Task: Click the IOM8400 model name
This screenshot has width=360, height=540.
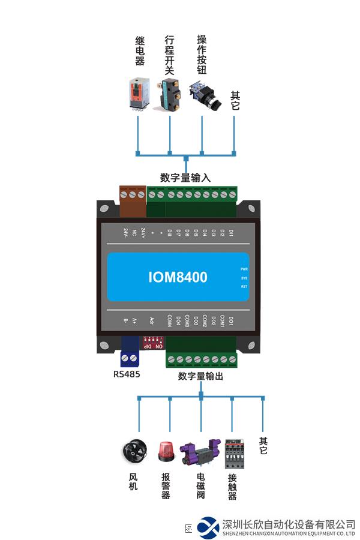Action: click(x=178, y=277)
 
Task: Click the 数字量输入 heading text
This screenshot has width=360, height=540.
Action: click(x=185, y=178)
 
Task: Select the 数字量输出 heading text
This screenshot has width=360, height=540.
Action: click(x=200, y=376)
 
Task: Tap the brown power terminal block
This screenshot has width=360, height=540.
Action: click(x=133, y=200)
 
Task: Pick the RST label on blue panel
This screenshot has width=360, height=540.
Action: click(x=244, y=287)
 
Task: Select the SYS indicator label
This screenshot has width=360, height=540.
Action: click(x=244, y=278)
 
